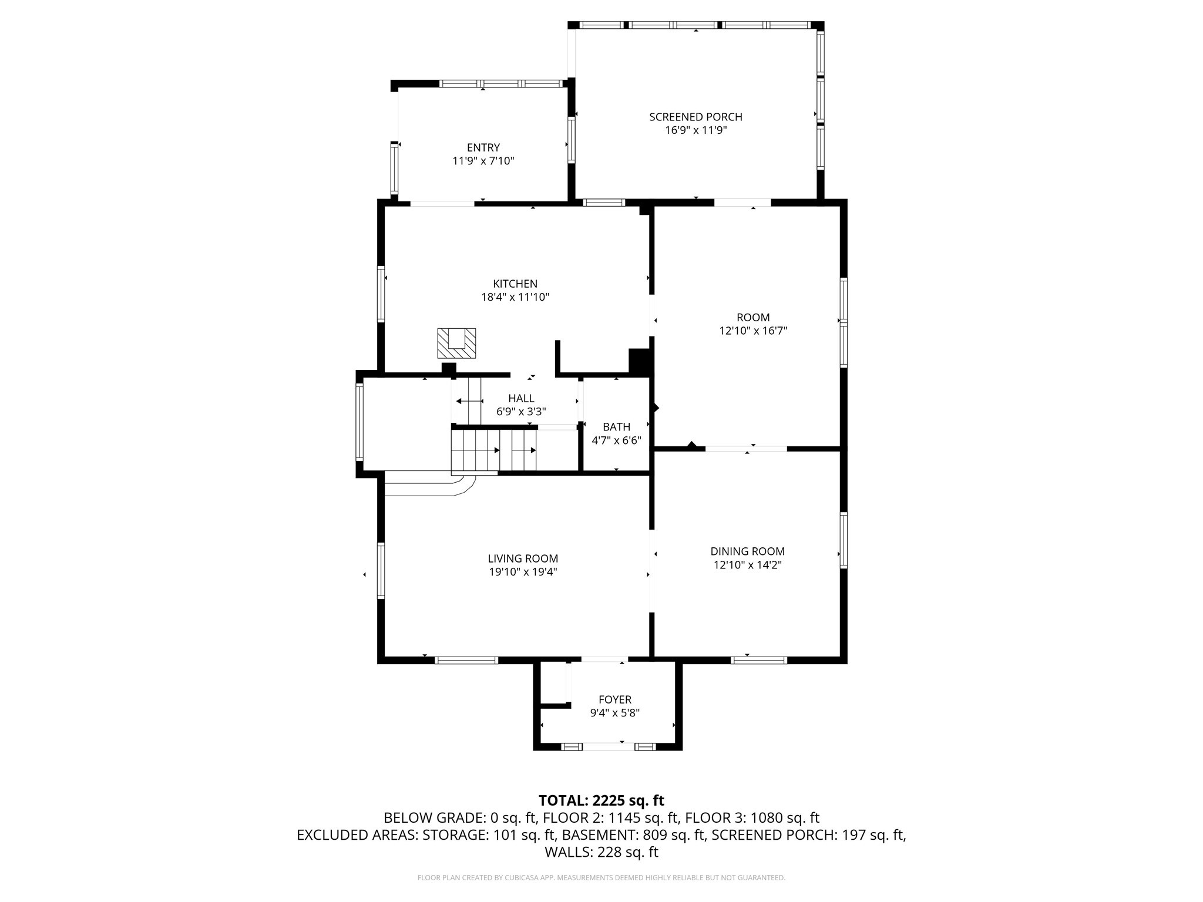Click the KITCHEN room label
click(x=515, y=284)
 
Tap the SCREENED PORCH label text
click(x=695, y=117)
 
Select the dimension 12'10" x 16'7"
click(x=753, y=331)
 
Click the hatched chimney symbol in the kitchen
click(x=456, y=343)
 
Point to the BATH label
click(x=616, y=427)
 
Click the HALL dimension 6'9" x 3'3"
click(x=521, y=412)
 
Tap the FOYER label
click(x=614, y=699)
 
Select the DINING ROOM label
click(x=747, y=551)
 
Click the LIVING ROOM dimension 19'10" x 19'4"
click(x=523, y=571)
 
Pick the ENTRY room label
click(x=483, y=147)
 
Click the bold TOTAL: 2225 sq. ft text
click(x=601, y=800)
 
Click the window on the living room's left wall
click(x=381, y=570)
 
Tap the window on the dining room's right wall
click(x=844, y=540)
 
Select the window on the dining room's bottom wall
click(x=758, y=660)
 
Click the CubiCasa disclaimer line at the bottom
click(x=601, y=878)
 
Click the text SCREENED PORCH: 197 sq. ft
click(x=808, y=834)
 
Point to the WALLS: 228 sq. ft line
click(x=601, y=852)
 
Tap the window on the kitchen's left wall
click(x=381, y=293)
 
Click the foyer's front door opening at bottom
click(x=608, y=746)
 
